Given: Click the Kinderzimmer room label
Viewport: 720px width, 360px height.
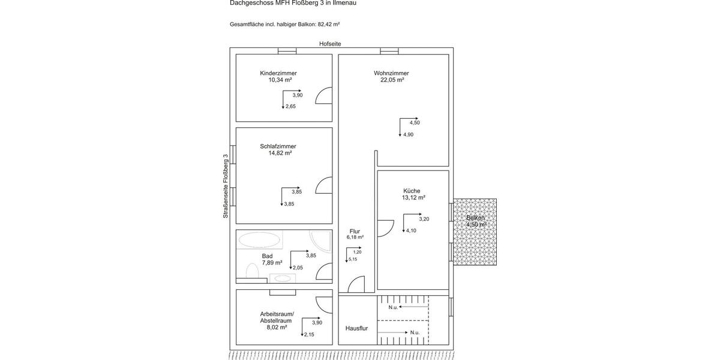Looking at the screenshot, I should (x=278, y=73).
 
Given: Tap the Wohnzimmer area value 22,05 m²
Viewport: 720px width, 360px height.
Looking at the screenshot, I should (x=392, y=80).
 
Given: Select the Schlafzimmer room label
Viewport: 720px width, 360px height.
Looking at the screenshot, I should (x=278, y=146).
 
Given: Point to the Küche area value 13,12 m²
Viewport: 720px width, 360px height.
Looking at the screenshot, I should (x=413, y=197).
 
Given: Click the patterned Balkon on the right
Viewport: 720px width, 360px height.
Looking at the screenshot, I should (x=475, y=232).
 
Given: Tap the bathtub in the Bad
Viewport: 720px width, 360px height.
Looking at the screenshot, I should (x=259, y=241).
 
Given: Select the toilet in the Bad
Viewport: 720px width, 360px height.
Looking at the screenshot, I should (x=252, y=273).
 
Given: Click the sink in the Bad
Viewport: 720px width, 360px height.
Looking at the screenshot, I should (x=281, y=278).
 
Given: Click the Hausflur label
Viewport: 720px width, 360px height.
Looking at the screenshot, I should (x=356, y=329).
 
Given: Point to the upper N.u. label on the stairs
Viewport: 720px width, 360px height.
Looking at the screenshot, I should (x=393, y=307).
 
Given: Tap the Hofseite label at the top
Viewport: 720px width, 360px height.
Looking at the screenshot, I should (x=330, y=44).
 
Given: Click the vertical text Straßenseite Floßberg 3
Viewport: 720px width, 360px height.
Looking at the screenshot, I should (x=226, y=186).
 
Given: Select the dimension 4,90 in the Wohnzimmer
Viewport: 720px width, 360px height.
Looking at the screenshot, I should (x=408, y=135).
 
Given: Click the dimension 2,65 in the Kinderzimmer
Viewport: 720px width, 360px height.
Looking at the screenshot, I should (x=290, y=106).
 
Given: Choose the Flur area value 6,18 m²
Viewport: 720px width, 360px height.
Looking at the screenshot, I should (x=355, y=238).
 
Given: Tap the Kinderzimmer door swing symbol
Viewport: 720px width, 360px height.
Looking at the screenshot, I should (x=324, y=95).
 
